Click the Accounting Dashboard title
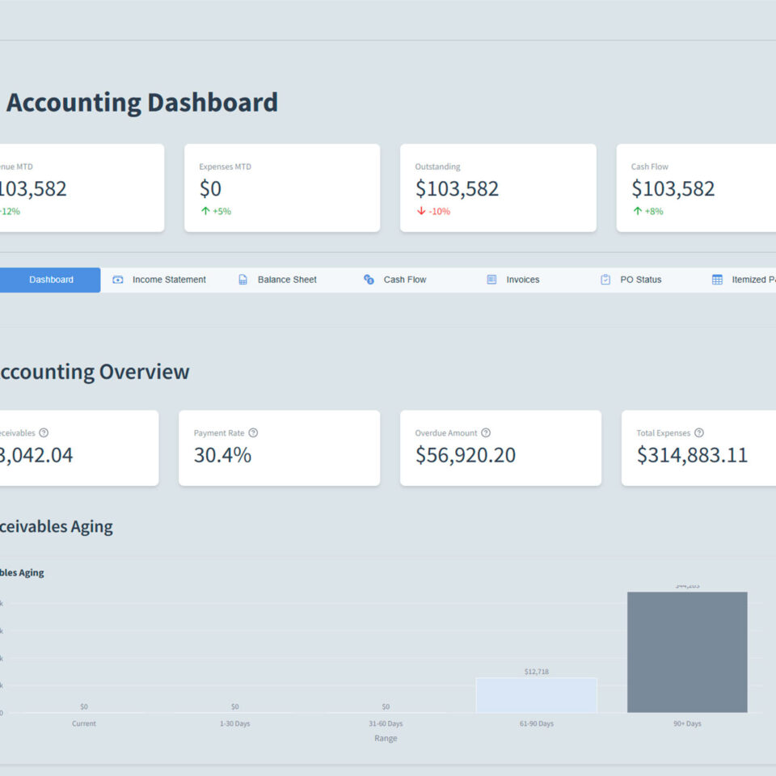[x=142, y=103]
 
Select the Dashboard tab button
[x=51, y=280]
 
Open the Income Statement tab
[x=169, y=280]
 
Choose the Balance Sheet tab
[x=287, y=280]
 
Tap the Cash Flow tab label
[x=405, y=280]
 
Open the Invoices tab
[x=522, y=280]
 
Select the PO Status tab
[x=640, y=280]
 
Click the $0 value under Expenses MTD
[x=210, y=189]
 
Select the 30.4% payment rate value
[x=222, y=455]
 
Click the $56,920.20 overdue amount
[x=465, y=455]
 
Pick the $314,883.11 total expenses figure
[x=692, y=455]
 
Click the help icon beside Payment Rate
[x=253, y=433]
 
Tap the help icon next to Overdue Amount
[x=486, y=433]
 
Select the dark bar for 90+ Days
[x=687, y=652]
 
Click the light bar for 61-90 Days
[x=536, y=695]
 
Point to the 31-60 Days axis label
[x=386, y=723]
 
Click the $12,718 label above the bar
[x=536, y=672]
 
